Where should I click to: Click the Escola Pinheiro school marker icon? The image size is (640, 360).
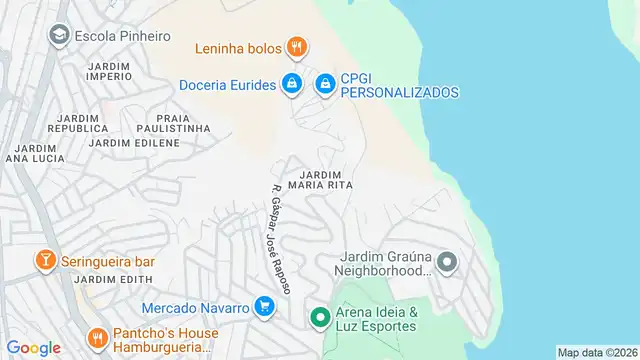click(59, 35)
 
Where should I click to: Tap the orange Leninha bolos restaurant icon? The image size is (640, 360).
click(295, 47)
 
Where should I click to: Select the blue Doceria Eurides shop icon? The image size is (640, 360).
click(291, 85)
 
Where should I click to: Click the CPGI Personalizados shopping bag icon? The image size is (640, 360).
click(325, 85)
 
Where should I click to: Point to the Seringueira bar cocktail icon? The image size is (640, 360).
click(45, 261)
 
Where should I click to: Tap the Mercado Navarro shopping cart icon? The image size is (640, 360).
click(264, 307)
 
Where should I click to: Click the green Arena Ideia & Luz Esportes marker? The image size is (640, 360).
click(320, 318)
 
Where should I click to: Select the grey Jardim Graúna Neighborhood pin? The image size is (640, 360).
click(446, 264)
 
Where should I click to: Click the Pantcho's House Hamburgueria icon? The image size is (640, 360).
click(97, 339)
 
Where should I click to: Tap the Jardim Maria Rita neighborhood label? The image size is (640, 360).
click(321, 178)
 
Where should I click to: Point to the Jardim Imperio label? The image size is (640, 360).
click(110, 70)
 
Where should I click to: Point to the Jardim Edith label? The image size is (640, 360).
click(118, 279)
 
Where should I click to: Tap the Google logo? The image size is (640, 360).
click(34, 348)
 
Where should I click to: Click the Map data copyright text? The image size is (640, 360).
click(597, 352)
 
